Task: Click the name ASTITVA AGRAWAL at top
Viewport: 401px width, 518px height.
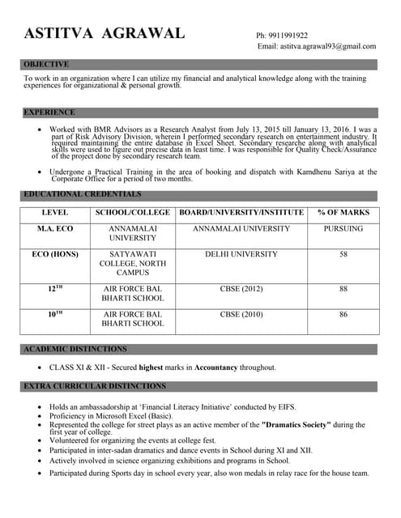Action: [x=104, y=34]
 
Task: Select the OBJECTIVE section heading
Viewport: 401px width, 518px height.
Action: [x=46, y=64]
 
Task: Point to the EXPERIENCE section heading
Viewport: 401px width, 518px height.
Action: [x=49, y=113]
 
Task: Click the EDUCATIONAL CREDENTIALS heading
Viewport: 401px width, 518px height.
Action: [x=82, y=195]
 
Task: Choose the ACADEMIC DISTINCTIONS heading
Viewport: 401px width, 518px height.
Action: [x=75, y=349]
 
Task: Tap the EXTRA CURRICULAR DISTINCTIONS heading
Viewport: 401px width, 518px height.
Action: [x=95, y=386]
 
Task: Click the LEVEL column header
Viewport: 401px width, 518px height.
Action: [x=54, y=213]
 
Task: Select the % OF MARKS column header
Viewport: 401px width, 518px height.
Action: [x=343, y=213]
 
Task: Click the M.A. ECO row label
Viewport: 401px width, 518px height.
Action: [x=54, y=229]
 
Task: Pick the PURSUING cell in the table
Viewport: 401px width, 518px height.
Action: [x=343, y=229]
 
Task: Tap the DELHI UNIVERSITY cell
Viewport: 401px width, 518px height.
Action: [x=241, y=254]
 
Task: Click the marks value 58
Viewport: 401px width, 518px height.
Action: [x=343, y=254]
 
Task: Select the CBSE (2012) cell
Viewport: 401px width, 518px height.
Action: [x=241, y=288]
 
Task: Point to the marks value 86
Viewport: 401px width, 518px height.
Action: [x=343, y=314]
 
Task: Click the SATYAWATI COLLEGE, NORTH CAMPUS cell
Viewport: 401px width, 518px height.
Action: [x=132, y=263]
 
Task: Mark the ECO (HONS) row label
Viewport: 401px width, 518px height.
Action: [x=54, y=254]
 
